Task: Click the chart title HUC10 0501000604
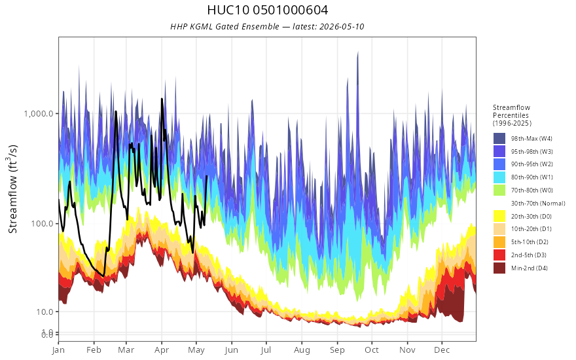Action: click(x=268, y=10)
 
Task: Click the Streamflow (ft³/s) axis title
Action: click(x=12, y=189)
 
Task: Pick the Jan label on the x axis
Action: click(x=58, y=350)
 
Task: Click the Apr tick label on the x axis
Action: click(x=161, y=350)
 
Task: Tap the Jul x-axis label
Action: click(x=266, y=350)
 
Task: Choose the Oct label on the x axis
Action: click(x=372, y=350)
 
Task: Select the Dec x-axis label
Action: click(x=442, y=350)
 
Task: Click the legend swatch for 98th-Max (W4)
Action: click(x=499, y=139)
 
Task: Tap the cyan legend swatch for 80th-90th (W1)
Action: click(x=499, y=177)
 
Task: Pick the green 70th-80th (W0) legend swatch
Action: click(x=499, y=190)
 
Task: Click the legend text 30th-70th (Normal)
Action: click(x=538, y=203)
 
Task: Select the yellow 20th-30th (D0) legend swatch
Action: click(x=499, y=216)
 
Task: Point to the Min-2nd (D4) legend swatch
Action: click(x=499, y=268)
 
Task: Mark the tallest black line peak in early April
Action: click(x=162, y=99)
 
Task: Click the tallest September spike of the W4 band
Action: click(x=358, y=52)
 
